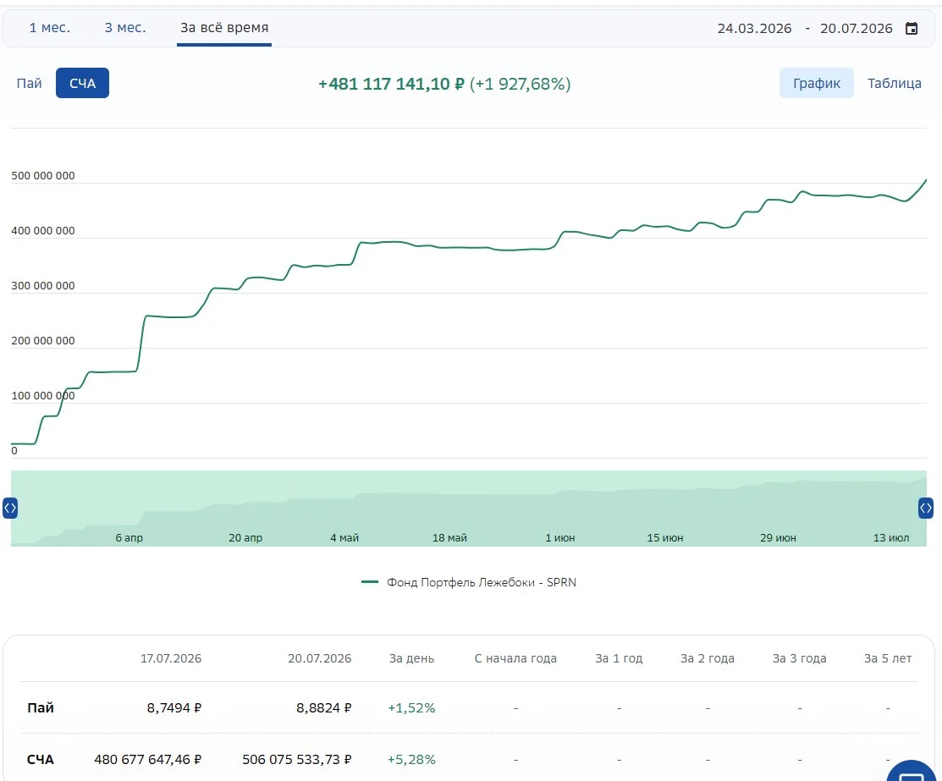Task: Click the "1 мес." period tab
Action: tap(49, 28)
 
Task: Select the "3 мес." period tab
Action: tap(125, 28)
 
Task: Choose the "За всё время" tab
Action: tap(224, 28)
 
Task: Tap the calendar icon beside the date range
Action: tap(912, 28)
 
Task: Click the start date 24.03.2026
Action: tap(754, 28)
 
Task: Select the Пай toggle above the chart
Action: tap(29, 83)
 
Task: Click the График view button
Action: tap(817, 83)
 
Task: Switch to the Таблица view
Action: tap(894, 83)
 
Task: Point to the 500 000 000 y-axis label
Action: tap(43, 175)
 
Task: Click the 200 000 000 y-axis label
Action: tap(43, 341)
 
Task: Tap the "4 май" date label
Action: tap(344, 537)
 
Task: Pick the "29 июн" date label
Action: tap(778, 537)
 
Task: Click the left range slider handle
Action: tap(10, 509)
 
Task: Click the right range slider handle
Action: tap(926, 509)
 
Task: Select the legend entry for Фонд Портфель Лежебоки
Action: tap(469, 582)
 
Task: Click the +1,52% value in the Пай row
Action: tap(411, 707)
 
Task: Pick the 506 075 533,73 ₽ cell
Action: tap(297, 759)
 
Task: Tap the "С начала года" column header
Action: tap(515, 658)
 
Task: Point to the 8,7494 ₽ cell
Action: tap(174, 707)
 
